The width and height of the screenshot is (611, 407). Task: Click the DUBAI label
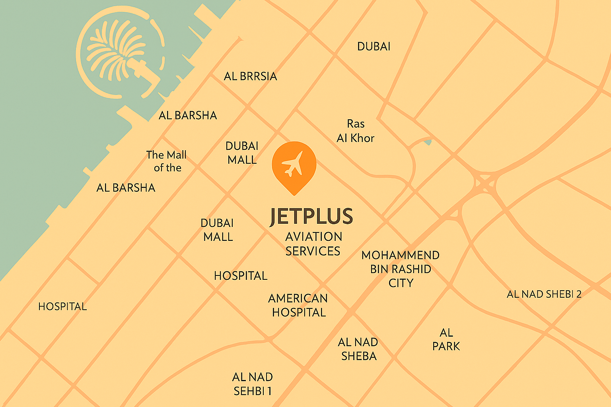[x=374, y=47]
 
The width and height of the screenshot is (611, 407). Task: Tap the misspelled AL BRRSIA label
[x=250, y=76]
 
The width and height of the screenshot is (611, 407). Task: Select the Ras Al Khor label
[x=356, y=131]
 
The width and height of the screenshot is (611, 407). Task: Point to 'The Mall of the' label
[x=166, y=161]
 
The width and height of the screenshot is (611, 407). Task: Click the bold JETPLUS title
[x=311, y=217]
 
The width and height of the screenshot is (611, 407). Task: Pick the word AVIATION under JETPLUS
[x=314, y=236]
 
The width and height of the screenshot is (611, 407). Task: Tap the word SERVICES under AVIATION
[x=313, y=251]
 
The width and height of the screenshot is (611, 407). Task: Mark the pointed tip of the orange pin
[x=294, y=194]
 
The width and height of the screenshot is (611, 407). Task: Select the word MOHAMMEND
[x=400, y=255]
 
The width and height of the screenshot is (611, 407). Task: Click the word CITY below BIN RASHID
[x=401, y=283]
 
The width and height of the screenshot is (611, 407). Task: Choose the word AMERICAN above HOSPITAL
[x=298, y=298]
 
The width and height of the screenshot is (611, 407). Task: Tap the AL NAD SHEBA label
[x=358, y=349]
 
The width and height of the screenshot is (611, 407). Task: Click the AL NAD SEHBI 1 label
[x=253, y=384]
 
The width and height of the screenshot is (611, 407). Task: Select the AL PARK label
[x=446, y=339]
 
